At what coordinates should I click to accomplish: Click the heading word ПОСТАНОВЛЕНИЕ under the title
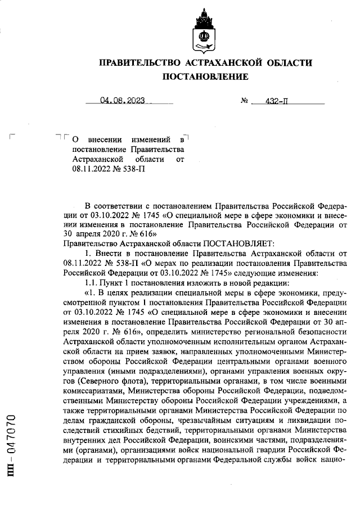pos(205,76)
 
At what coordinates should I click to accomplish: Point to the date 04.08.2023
pos(122,101)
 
